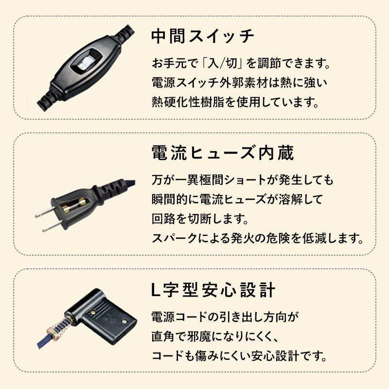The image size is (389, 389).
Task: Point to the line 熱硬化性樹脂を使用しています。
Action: point(235,103)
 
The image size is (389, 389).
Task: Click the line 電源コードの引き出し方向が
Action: point(224,317)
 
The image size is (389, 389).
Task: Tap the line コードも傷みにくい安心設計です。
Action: point(239,355)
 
